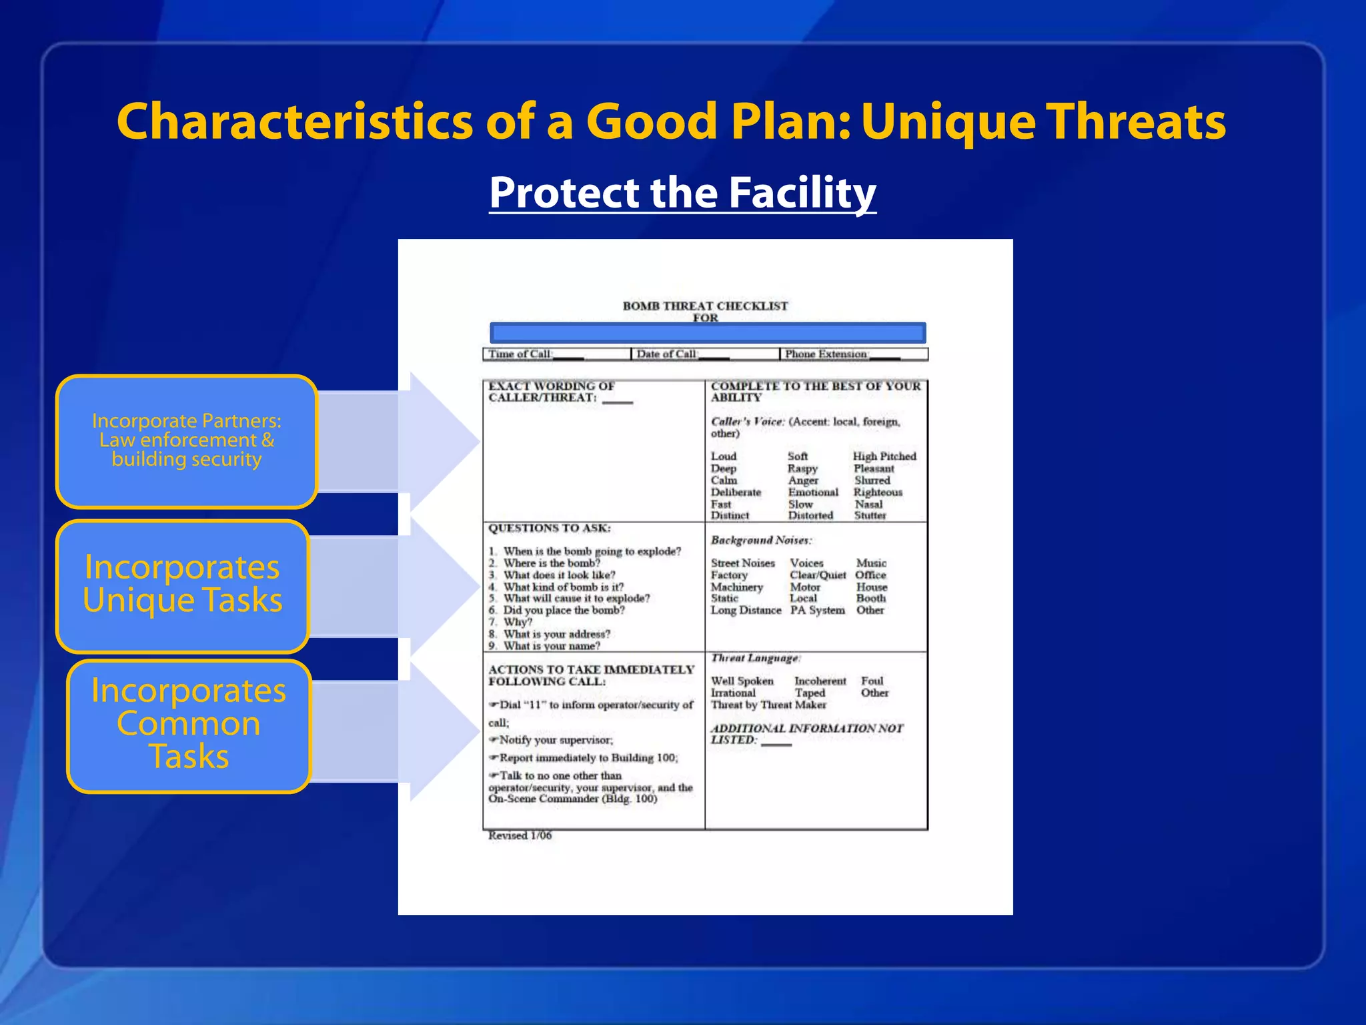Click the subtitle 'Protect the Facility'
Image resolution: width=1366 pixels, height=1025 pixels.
coord(682,193)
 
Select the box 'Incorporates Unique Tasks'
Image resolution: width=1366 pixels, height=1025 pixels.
coord(183,585)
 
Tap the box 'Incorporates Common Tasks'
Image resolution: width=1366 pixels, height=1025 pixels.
coord(189,725)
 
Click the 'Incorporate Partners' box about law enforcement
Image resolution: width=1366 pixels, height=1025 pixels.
coord(186,440)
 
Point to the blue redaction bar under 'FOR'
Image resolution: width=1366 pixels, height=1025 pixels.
coord(707,332)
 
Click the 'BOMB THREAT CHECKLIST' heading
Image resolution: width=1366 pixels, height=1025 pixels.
coord(705,306)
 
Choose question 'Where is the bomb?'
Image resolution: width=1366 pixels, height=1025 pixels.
coord(551,563)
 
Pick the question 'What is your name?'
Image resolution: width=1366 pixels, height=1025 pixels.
coord(551,646)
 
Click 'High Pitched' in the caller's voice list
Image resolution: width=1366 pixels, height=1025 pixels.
coord(884,456)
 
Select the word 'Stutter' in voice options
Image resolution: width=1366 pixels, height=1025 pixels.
coord(870,516)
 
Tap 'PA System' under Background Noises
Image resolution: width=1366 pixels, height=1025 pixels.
coord(817,611)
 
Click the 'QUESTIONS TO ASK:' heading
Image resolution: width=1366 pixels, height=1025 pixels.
coord(549,529)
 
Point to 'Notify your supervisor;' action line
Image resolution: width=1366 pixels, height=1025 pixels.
coord(555,740)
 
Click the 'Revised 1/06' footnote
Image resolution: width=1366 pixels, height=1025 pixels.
coord(520,835)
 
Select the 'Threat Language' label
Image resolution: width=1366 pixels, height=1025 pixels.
coord(754,659)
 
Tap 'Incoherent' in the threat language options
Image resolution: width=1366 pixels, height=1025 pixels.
coord(820,681)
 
